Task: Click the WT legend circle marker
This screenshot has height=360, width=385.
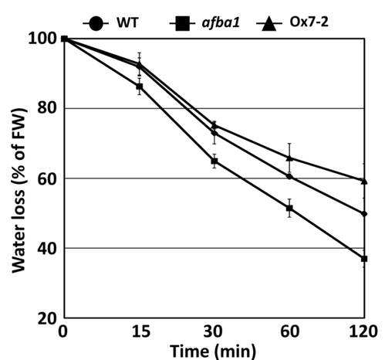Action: [x=96, y=23]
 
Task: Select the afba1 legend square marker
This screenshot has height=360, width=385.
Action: [x=182, y=23]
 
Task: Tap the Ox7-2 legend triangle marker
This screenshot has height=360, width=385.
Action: [x=268, y=24]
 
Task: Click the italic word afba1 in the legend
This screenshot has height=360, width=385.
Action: [x=221, y=22]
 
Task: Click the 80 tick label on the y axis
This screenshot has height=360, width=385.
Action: [x=47, y=108]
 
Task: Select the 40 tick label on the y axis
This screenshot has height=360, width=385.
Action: [x=47, y=248]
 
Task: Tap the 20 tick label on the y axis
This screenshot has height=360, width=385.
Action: [x=47, y=318]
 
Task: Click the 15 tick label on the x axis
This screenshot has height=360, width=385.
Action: [x=141, y=331]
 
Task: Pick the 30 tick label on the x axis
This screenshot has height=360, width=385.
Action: [x=213, y=331]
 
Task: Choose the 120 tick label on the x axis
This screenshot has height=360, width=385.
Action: [x=363, y=331]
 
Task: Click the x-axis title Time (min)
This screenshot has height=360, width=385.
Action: [x=213, y=351]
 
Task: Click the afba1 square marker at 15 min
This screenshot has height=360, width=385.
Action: [x=140, y=87]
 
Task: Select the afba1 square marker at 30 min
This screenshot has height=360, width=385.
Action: [x=214, y=161]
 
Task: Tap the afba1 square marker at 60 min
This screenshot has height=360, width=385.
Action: [x=289, y=208]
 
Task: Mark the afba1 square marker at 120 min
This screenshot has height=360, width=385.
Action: [x=364, y=259]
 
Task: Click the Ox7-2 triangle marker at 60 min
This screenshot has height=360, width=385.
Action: [x=289, y=158]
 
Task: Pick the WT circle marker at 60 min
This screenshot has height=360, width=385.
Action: [x=289, y=177]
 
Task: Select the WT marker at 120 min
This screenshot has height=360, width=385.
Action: [x=364, y=214]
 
